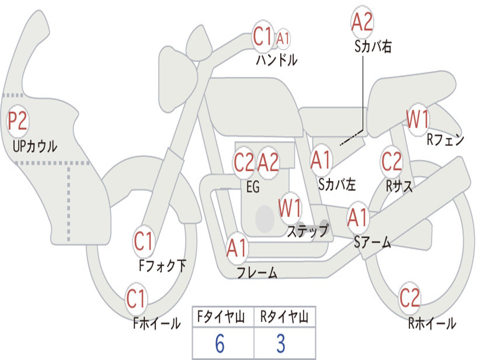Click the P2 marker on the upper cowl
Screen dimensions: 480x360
tap(18, 121)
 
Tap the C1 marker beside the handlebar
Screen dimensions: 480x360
tap(262, 36)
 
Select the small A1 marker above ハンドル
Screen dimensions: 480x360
tap(283, 39)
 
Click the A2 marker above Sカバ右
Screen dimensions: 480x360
tap(362, 22)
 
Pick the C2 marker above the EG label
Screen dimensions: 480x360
tap(244, 162)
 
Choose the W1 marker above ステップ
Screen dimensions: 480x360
tap(290, 208)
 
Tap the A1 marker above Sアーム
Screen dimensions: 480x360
tap(357, 217)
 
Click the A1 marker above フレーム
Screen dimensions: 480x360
tap(237, 247)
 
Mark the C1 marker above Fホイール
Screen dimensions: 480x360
tap(135, 299)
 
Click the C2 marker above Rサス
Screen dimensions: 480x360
tap(391, 161)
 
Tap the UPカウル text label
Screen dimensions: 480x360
tap(35, 146)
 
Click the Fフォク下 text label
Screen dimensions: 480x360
tap(162, 266)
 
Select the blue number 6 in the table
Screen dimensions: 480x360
tap(220, 344)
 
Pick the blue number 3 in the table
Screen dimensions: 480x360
tap(281, 344)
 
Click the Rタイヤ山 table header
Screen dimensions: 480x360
tap(284, 317)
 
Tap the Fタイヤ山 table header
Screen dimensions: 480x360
tap(221, 317)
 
